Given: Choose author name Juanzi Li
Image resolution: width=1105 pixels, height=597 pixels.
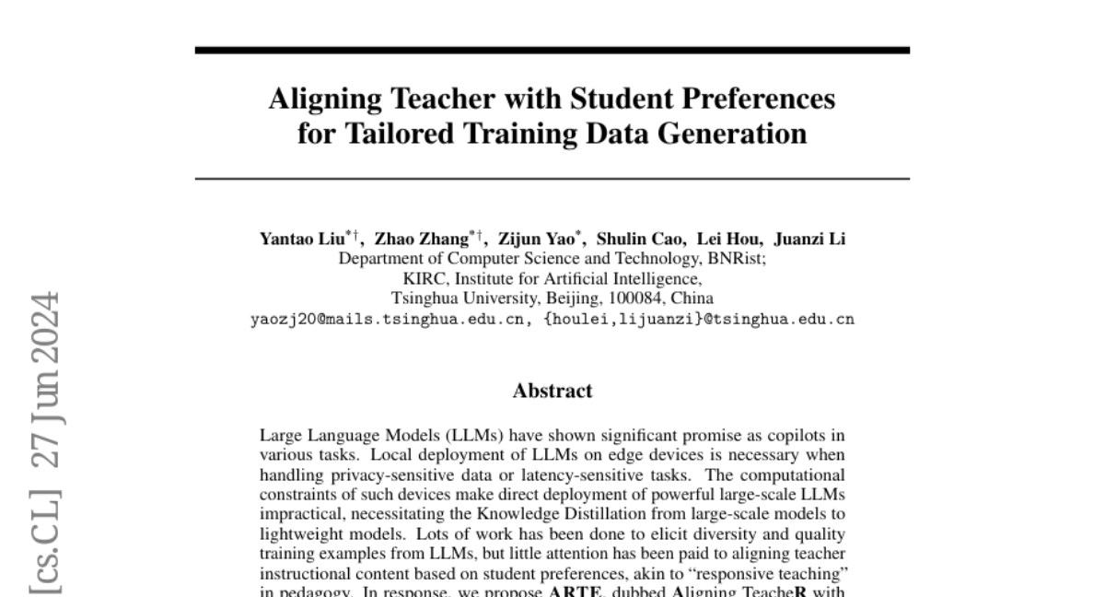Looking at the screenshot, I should tap(809, 240).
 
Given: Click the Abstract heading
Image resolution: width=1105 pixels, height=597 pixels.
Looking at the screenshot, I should tap(552, 391).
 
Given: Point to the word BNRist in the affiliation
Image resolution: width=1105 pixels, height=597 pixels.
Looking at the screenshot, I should tap(739, 259).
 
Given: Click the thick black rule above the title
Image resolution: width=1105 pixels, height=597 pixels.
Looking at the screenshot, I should tap(552, 50).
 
